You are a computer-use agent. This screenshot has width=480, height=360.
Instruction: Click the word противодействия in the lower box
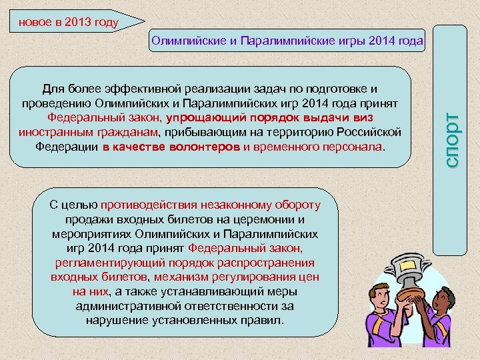point(146,205)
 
